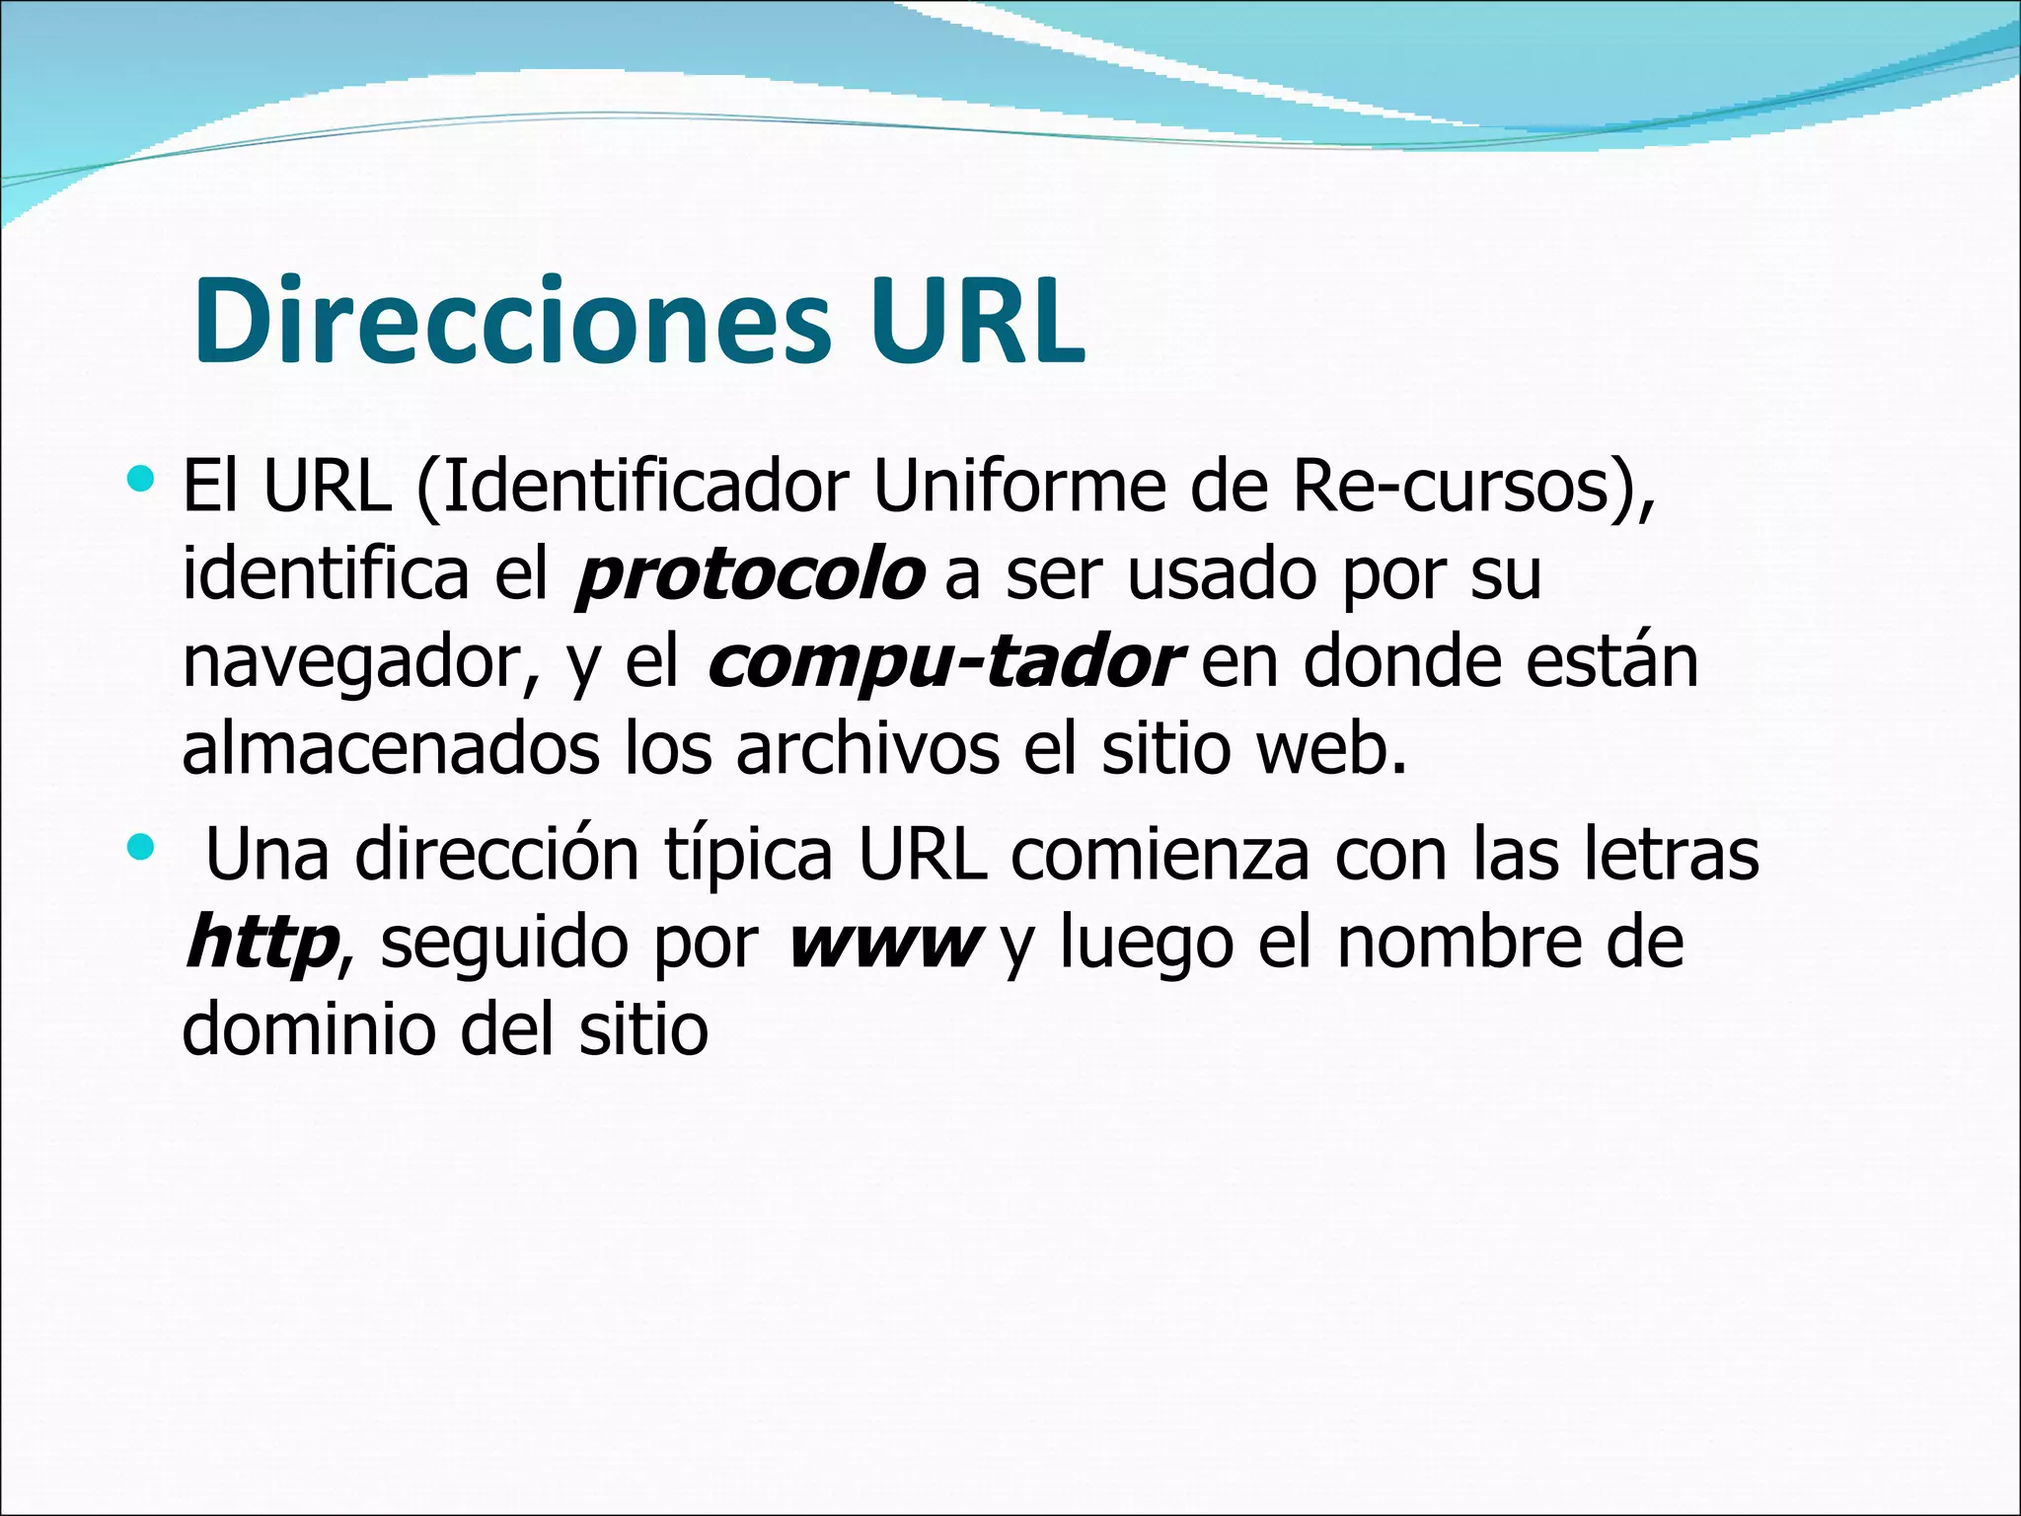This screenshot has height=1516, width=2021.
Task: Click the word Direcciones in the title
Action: coord(512,321)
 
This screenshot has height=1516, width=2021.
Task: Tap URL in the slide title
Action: coord(976,321)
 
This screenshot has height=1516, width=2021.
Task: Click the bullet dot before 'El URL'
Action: coord(142,481)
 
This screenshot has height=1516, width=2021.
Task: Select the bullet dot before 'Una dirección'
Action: coord(142,847)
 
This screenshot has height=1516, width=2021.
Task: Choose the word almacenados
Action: coord(391,749)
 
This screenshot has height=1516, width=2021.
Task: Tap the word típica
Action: coord(749,855)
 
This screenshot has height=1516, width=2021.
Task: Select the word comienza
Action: coord(1160,855)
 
